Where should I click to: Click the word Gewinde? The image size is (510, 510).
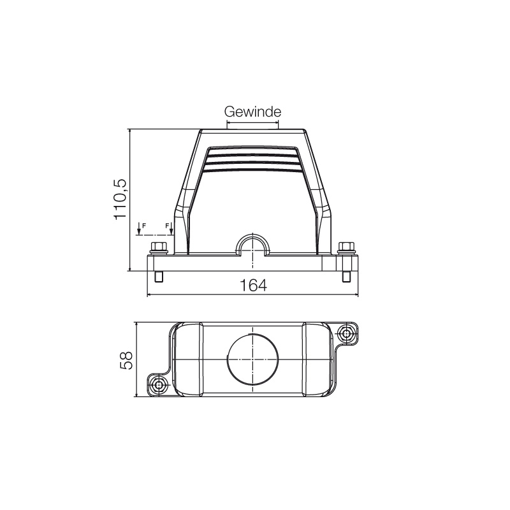click(252, 112)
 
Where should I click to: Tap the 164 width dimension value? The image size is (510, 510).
click(253, 286)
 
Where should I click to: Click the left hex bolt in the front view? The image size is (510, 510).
click(157, 247)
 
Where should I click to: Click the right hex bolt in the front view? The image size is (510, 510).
click(346, 247)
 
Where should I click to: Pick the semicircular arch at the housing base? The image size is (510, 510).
click(253, 244)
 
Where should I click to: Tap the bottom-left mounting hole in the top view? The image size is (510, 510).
click(159, 384)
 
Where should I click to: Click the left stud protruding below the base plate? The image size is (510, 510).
click(159, 277)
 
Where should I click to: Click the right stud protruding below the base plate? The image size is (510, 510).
click(346, 277)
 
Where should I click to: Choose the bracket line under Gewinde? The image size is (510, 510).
click(252, 125)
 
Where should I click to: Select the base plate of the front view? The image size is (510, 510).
click(252, 263)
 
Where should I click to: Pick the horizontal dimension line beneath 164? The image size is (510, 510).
click(252, 296)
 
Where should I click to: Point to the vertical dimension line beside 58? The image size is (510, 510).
click(137, 360)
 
